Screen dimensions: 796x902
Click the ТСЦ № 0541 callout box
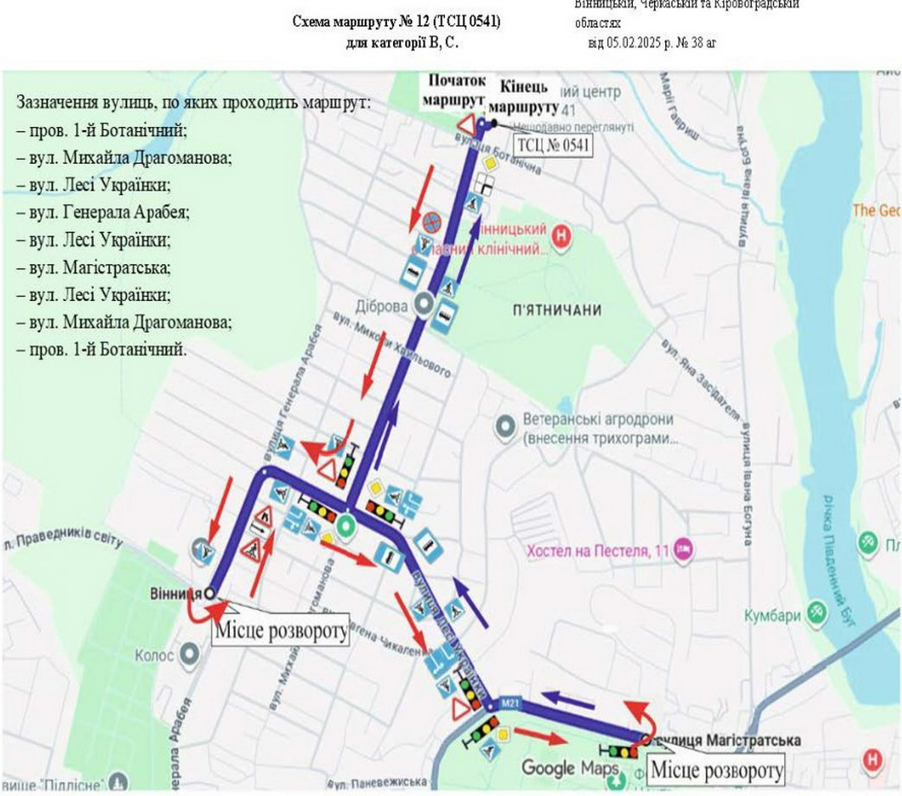(x=553, y=144)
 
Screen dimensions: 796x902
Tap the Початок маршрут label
(x=456, y=90)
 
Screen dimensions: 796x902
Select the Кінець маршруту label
(x=529, y=96)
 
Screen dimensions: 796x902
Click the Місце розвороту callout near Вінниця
(x=282, y=630)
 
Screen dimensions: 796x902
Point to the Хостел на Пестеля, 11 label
(x=598, y=551)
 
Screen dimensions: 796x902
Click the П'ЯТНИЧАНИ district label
(x=557, y=310)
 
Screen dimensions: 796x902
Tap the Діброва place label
(x=382, y=306)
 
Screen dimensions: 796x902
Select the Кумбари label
(x=772, y=615)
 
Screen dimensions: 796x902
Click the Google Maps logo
(x=571, y=768)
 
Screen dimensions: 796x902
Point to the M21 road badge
(x=510, y=704)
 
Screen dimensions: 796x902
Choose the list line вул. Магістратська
(x=100, y=268)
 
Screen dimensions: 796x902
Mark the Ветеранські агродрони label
(x=598, y=420)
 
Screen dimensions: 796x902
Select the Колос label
(x=154, y=655)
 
